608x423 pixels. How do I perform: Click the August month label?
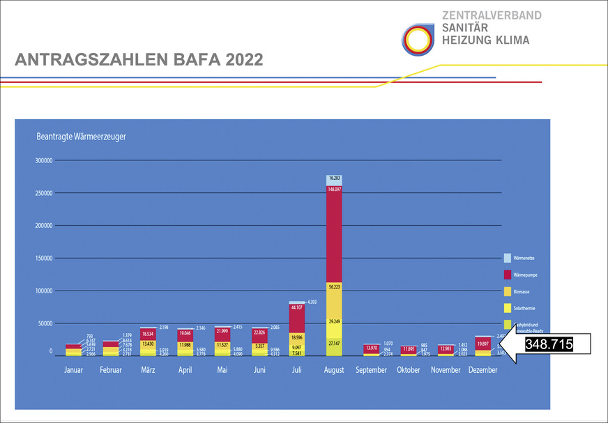[334, 370]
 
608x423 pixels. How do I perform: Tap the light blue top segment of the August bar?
[334, 180]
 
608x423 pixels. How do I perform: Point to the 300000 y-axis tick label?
[43, 160]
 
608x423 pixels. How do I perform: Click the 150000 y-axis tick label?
[43, 259]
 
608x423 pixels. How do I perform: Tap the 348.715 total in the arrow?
[548, 345]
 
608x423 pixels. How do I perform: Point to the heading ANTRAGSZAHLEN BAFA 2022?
[139, 60]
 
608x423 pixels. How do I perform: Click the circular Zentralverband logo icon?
[418, 39]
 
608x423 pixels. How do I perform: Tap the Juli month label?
[297, 370]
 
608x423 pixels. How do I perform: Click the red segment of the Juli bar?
[297, 318]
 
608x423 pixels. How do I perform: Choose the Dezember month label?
[482, 370]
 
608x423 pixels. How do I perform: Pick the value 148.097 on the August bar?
[334, 189]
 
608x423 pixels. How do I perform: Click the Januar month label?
[73, 370]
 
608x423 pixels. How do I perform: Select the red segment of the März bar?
[148, 334]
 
